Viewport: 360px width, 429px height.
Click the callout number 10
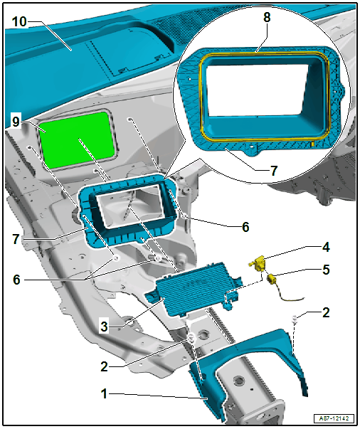19,22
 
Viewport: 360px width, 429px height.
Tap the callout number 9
16,122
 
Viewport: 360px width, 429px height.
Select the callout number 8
267,17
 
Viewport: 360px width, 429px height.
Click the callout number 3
104,327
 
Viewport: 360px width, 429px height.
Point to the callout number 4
326,247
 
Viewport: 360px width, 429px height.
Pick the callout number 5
326,270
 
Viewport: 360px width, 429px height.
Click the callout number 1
104,393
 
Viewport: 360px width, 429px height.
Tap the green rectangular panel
77,140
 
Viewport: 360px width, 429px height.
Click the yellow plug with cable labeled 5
282,287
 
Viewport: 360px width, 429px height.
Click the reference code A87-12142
334,418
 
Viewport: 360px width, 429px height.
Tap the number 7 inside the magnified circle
273,171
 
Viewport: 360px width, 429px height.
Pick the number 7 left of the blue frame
16,239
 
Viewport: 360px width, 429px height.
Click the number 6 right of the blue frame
245,227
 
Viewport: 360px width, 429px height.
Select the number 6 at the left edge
16,280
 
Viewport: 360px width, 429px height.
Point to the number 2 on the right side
326,312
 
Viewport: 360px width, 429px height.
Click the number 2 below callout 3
104,366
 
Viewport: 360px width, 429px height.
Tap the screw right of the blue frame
184,217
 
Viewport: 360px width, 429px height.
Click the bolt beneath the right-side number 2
295,319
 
